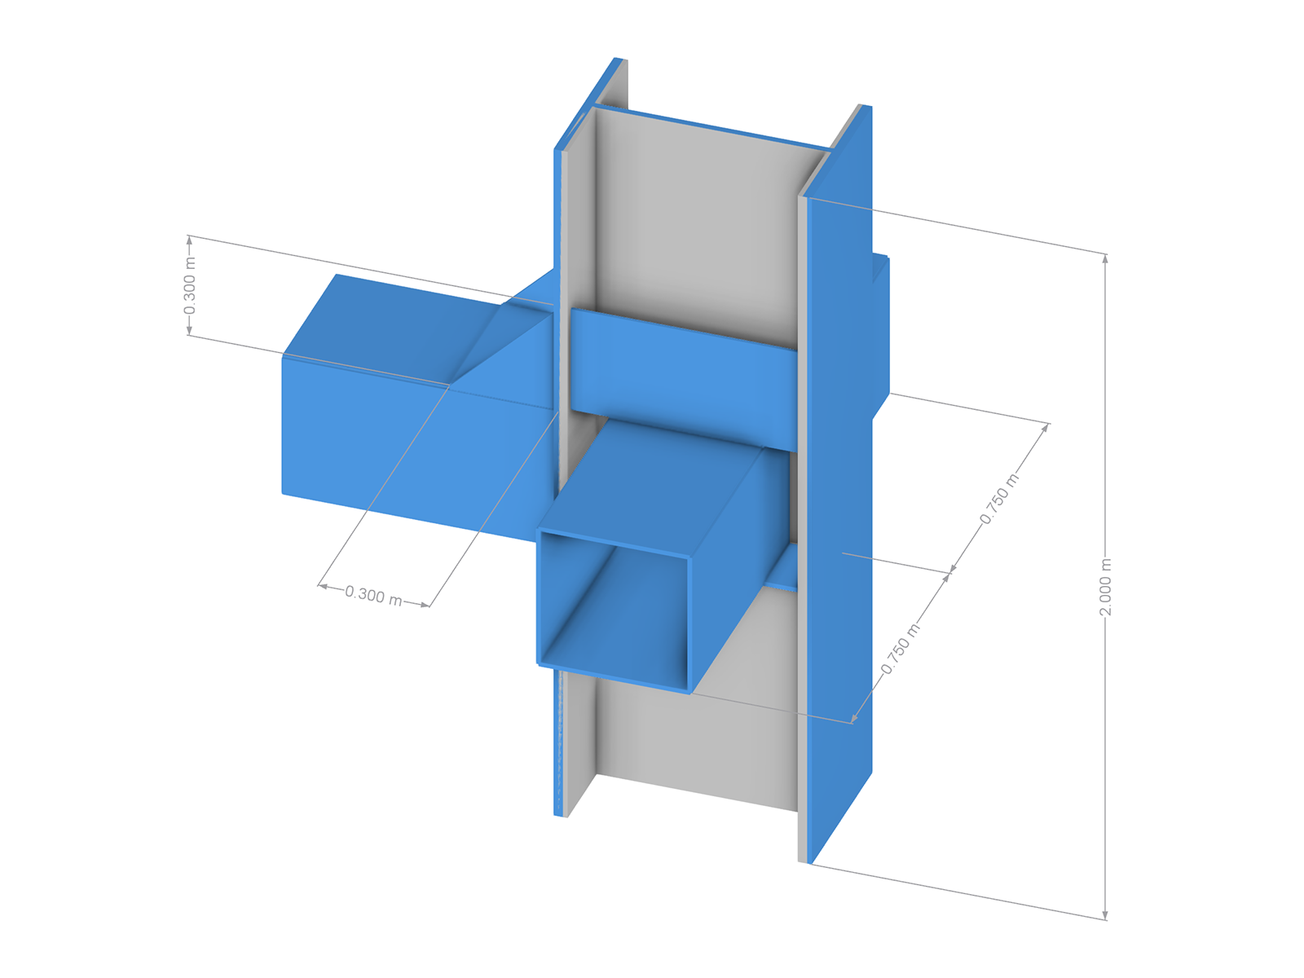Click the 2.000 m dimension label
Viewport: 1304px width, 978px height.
1105,587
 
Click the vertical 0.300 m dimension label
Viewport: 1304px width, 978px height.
189,285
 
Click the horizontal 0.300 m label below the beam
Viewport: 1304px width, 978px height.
373,596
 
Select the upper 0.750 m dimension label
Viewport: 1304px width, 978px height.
999,499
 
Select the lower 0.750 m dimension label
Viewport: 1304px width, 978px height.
901,649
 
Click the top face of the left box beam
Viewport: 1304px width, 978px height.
407,326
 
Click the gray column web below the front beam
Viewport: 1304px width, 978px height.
693,733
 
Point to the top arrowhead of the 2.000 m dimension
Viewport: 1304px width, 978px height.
1105,258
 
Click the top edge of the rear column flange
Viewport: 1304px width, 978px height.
709,126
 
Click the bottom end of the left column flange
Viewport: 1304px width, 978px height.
561,813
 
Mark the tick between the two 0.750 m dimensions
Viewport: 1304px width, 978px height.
950,573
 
